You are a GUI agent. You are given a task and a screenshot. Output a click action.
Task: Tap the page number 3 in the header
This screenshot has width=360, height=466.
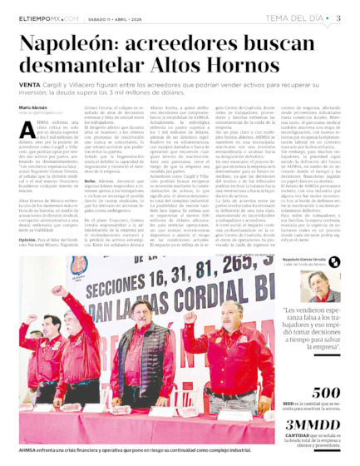click(x=338, y=17)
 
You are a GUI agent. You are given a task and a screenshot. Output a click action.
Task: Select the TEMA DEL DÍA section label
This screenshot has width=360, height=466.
click(x=294, y=17)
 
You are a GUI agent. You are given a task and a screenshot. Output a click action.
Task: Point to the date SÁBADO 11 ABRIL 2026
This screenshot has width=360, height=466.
click(x=124, y=17)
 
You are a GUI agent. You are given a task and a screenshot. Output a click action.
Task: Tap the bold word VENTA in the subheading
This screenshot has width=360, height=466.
click(x=29, y=85)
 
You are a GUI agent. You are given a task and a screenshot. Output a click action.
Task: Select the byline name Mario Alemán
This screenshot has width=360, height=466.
click(x=33, y=107)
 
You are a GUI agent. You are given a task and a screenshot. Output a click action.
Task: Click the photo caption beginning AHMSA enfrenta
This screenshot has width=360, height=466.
click(x=133, y=450)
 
